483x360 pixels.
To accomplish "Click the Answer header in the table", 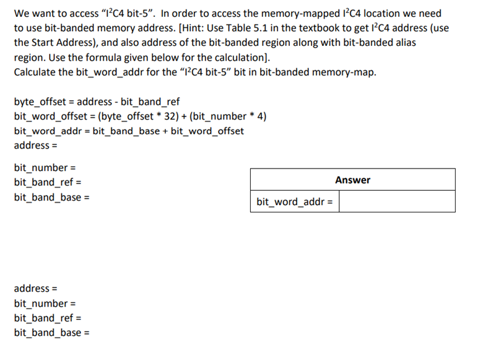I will click(352, 180).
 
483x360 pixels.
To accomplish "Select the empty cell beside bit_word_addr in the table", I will click(396, 201).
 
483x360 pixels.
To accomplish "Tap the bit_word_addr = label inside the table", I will click(294, 201).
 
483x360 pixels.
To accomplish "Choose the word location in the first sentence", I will click(383, 14).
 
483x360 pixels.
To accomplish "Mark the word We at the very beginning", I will click(21, 14).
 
